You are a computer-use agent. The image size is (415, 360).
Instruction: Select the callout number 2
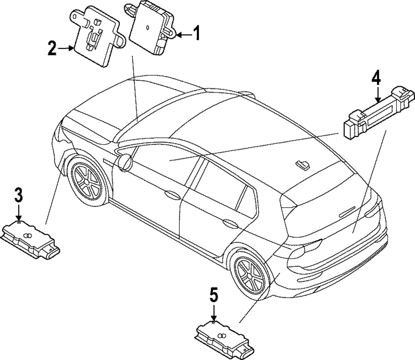point(51,49)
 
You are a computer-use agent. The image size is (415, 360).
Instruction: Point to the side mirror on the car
point(124,162)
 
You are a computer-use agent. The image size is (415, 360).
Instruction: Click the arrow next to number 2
point(66,49)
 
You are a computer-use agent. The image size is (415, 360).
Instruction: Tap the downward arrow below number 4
point(377,95)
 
